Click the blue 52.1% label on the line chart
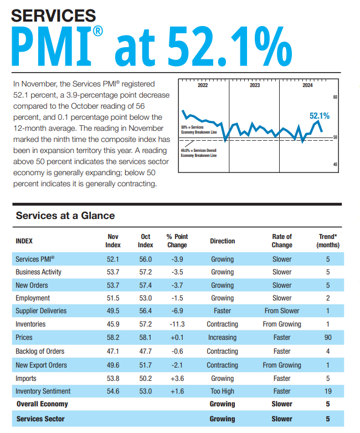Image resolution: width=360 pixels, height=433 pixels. click(x=319, y=116)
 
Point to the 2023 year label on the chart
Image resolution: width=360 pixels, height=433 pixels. click(x=255, y=85)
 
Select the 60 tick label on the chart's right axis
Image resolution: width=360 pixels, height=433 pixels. click(x=336, y=98)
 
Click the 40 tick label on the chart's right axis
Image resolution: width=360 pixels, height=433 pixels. click(x=336, y=164)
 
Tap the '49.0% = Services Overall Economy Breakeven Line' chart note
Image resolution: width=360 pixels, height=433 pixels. click(x=199, y=152)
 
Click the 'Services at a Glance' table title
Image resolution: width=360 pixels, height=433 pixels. click(x=65, y=216)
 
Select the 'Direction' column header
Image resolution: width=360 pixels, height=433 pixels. click(x=222, y=241)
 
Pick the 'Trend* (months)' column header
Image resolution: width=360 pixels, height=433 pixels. click(x=327, y=241)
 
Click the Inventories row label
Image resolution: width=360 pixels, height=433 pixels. click(x=30, y=324)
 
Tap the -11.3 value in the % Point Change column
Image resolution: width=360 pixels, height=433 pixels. click(x=177, y=324)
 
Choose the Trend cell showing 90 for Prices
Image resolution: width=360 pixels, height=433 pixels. click(x=327, y=338)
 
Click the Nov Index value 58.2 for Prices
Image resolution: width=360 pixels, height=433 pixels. click(x=113, y=338)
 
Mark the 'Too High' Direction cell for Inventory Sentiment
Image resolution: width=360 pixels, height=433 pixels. click(x=222, y=392)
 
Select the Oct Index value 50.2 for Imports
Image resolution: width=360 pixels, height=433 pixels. click(x=145, y=378)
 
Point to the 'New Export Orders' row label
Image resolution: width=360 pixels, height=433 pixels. click(x=41, y=365)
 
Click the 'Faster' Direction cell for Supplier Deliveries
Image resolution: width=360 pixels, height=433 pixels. click(x=222, y=310)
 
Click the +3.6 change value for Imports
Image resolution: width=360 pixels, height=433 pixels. click(x=177, y=378)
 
